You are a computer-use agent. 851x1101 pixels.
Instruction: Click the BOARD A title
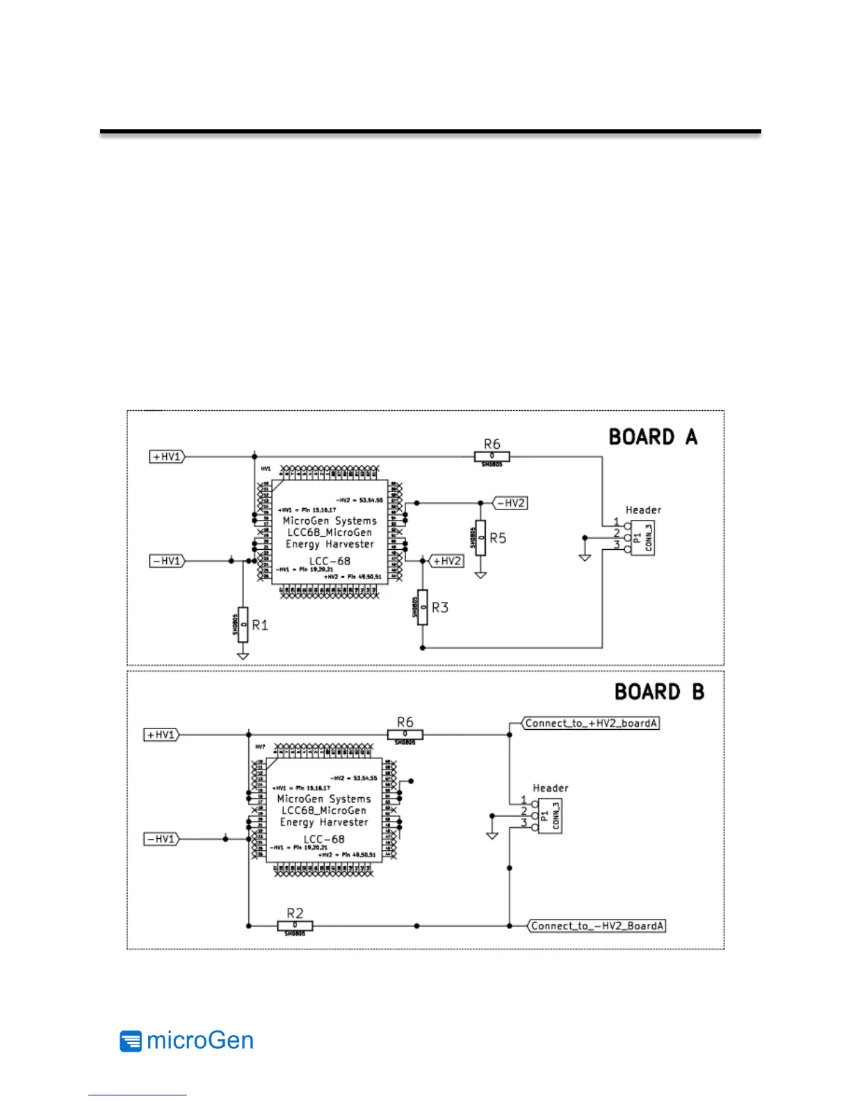click(x=652, y=437)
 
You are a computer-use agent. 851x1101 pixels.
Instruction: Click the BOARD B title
click(x=658, y=692)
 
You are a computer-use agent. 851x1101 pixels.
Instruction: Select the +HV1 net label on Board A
click(x=167, y=457)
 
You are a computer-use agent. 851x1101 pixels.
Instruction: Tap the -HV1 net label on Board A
click(x=167, y=561)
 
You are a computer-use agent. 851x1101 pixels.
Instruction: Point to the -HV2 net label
click(x=511, y=503)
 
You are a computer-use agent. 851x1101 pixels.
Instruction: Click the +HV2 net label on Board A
click(x=447, y=561)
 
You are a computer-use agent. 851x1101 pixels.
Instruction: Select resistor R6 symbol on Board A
click(x=492, y=457)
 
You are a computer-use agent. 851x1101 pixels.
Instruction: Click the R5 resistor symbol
click(x=480, y=537)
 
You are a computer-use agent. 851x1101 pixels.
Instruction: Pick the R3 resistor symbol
click(x=423, y=607)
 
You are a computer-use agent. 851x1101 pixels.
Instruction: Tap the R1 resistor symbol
click(x=243, y=624)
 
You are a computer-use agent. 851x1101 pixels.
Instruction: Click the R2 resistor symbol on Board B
click(x=295, y=926)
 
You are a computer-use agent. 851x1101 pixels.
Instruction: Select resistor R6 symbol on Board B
click(x=405, y=735)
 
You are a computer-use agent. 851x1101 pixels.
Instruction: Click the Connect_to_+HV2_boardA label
click(x=591, y=724)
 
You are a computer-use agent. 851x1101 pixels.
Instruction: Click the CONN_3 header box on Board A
click(x=643, y=537)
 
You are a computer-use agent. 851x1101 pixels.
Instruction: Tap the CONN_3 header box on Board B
click(x=551, y=816)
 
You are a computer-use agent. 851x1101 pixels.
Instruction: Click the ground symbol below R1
click(x=243, y=655)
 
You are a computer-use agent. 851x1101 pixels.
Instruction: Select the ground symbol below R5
click(x=480, y=575)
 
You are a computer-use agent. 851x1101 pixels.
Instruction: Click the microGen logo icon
click(x=130, y=1041)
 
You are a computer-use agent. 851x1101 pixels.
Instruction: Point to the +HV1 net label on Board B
click(x=161, y=735)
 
